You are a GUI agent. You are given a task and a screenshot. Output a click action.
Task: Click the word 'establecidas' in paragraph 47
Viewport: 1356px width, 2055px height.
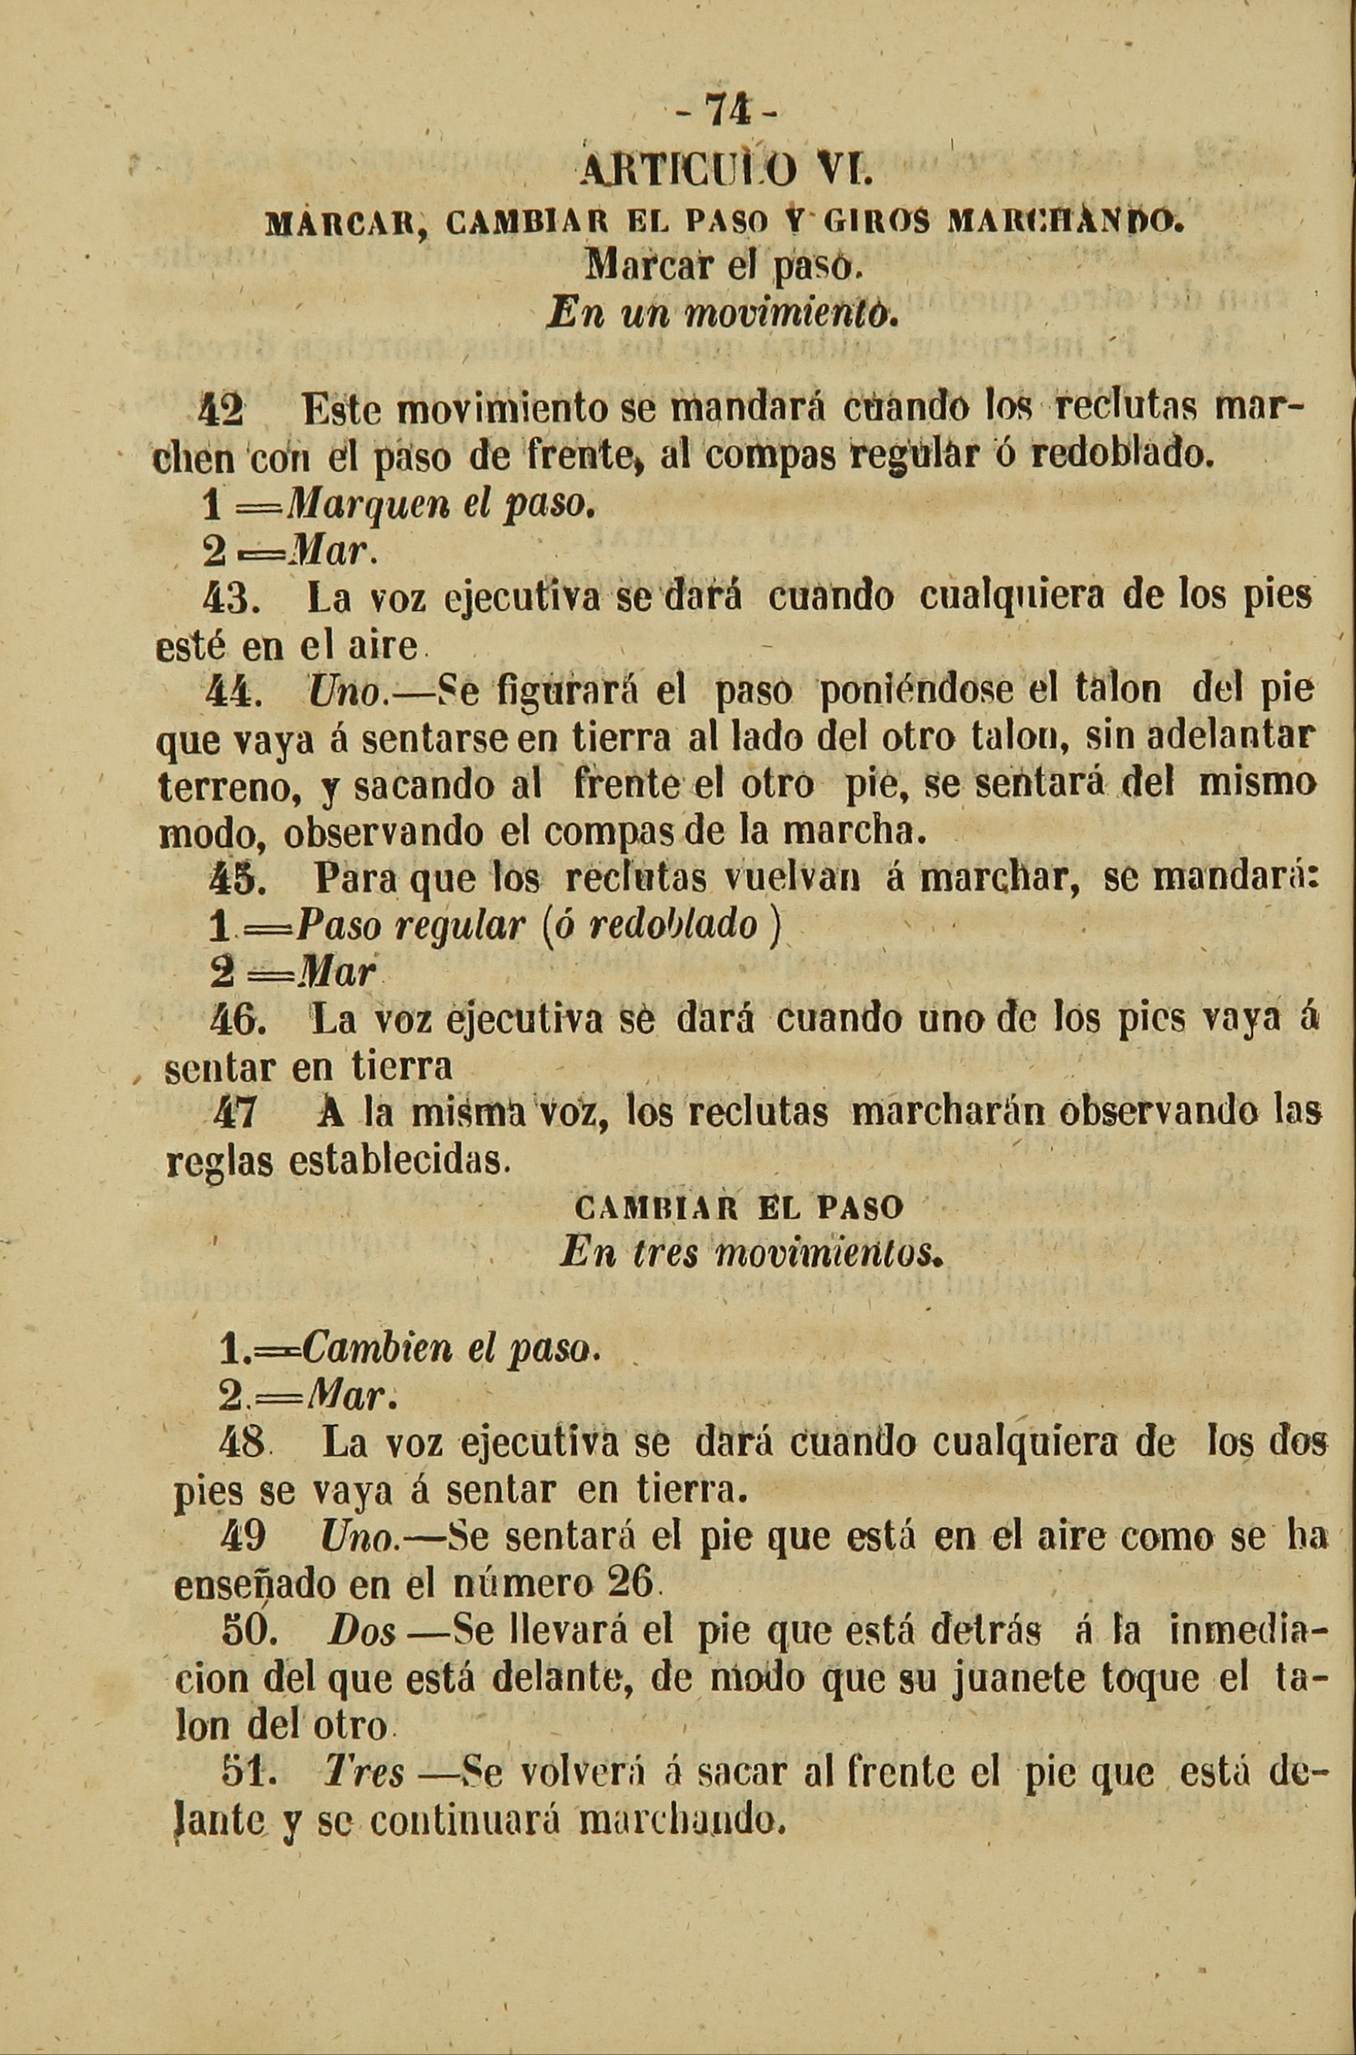(395, 1159)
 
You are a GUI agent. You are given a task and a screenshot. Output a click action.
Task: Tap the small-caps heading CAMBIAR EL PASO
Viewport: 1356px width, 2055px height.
(738, 1207)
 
